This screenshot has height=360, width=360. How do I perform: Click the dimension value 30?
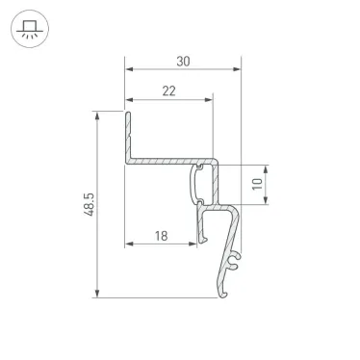[183, 60]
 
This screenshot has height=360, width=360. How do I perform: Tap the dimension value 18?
[161, 233]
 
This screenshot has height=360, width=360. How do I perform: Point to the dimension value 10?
[256, 183]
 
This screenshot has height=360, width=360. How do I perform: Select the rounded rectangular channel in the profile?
[203, 183]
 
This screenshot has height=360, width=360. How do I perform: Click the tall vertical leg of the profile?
[127, 135]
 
